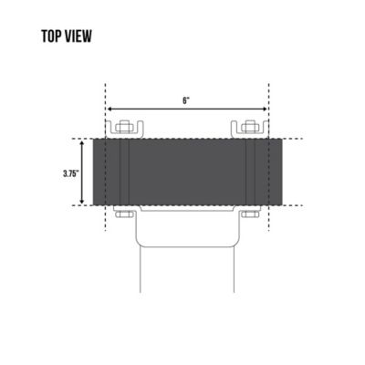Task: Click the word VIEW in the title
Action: pyautogui.click(x=78, y=38)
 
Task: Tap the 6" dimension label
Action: pyautogui.click(x=186, y=99)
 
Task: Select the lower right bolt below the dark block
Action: pyautogui.click(x=248, y=214)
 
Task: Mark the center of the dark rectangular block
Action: pyautogui.click(x=186, y=172)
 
